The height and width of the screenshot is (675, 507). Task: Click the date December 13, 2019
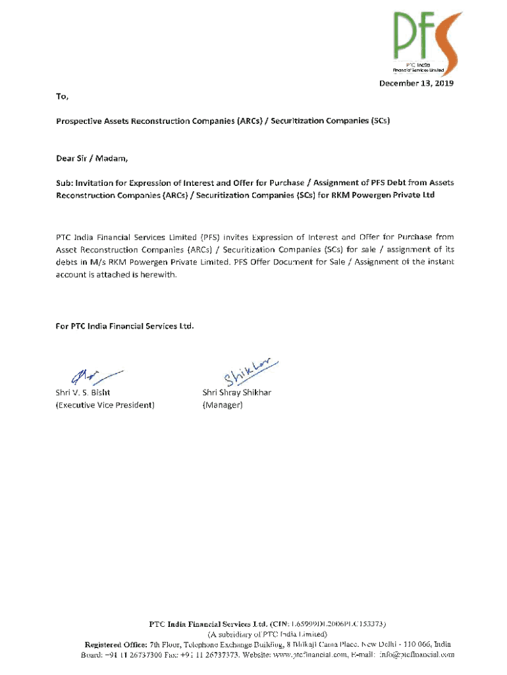415,83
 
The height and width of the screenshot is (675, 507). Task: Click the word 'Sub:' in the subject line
65,183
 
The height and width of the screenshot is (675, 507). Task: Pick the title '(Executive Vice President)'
105,405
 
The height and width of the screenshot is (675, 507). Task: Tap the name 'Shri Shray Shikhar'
237,392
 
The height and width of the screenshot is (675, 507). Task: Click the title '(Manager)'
223,405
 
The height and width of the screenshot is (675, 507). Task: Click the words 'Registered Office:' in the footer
116,644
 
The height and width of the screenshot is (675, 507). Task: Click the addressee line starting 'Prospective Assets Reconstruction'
224,121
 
